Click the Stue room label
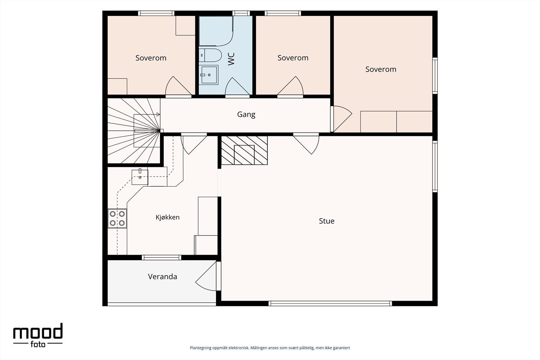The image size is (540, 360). coord(327,221)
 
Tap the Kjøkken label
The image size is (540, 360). coord(167,217)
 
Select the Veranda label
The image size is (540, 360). coord(162,276)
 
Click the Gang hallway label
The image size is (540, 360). coord(246,114)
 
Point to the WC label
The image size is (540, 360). coord(231,59)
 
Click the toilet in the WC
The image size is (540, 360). coord(210,55)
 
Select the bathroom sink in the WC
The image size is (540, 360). coord(209,75)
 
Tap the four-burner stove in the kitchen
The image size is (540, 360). coord(117,218)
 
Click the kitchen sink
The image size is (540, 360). coord(140,177)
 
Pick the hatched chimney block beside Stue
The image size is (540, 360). coord(244,150)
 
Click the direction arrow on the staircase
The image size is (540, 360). coord(147,114)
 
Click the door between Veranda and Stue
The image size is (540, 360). coord(208,276)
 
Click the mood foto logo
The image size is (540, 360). coord(38,335)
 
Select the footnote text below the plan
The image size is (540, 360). coord(270,348)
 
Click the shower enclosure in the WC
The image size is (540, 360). coord(216,31)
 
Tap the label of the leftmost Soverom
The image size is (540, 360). coord(151,58)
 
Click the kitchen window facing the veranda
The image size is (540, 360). coord(162,257)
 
